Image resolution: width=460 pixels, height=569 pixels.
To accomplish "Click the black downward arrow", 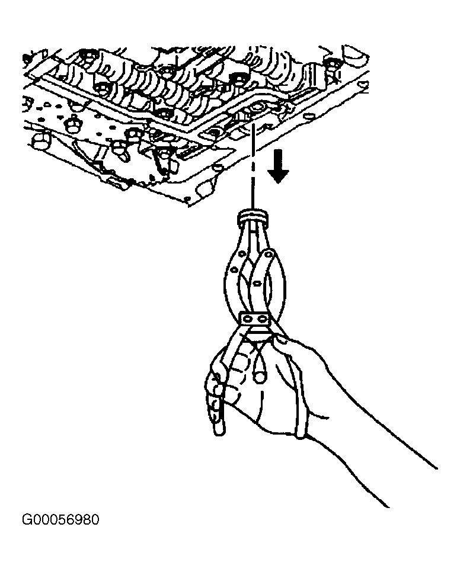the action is coord(278,166).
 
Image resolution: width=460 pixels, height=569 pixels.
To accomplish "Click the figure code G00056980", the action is coord(60,520).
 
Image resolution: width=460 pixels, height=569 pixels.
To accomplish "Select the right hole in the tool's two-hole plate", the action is coord(261,319).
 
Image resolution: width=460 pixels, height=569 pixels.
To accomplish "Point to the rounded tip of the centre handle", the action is coord(259,377).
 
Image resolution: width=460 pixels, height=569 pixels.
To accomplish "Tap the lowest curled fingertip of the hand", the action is coord(219,428).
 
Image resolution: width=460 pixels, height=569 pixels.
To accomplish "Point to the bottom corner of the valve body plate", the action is coord(189,205).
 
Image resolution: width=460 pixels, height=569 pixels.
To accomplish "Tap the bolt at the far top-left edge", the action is coord(26,58).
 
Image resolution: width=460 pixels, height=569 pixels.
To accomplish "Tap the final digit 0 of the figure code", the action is coord(94,520).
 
